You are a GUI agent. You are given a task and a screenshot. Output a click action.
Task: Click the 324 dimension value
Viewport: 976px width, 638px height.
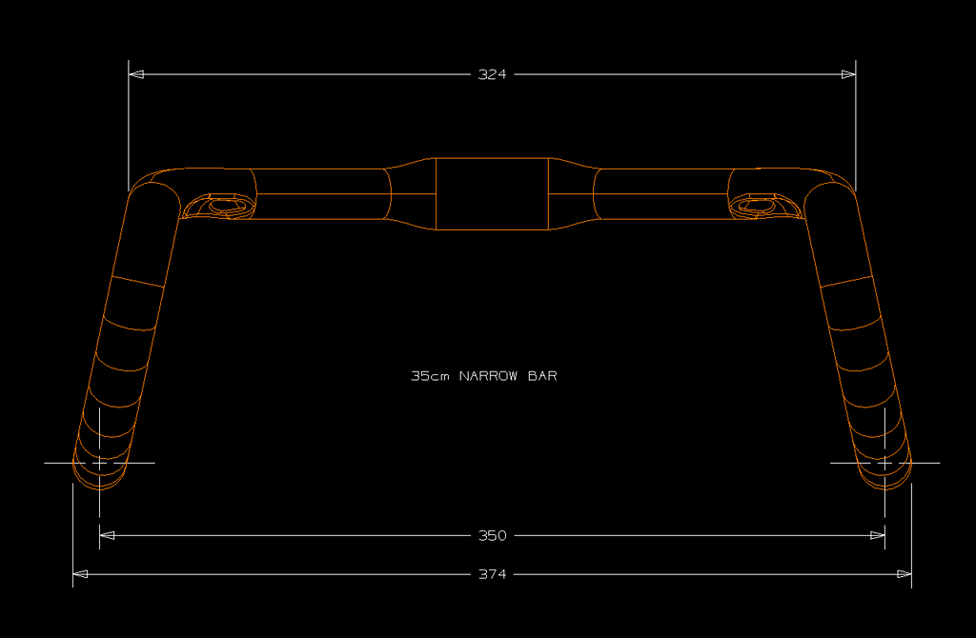pyautogui.click(x=492, y=74)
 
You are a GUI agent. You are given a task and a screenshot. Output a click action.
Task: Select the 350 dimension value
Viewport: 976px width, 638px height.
pyautogui.click(x=492, y=535)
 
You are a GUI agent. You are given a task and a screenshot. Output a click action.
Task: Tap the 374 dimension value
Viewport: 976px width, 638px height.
pyautogui.click(x=492, y=574)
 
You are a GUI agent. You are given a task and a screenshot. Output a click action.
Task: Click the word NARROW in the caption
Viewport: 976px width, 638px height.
pyautogui.click(x=488, y=376)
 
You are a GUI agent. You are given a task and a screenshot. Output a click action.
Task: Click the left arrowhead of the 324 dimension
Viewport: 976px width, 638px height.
pyautogui.click(x=136, y=74)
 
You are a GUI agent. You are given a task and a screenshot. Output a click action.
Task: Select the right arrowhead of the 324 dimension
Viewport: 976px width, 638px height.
pyautogui.click(x=848, y=74)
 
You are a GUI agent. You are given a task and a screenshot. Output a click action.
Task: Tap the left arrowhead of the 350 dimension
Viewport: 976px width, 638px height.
pyautogui.click(x=108, y=535)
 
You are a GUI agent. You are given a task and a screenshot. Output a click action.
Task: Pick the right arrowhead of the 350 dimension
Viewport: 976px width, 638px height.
pyautogui.click(x=878, y=535)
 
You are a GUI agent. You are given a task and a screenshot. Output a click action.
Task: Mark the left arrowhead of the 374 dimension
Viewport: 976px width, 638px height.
pyautogui.click(x=81, y=574)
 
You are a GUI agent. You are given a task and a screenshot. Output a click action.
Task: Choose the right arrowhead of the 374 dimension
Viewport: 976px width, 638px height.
pyautogui.click(x=905, y=574)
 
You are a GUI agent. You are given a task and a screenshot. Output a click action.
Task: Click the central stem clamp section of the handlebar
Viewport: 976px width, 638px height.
pyautogui.click(x=492, y=194)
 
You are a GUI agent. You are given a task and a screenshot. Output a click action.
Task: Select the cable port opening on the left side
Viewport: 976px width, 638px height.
pyautogui.click(x=225, y=205)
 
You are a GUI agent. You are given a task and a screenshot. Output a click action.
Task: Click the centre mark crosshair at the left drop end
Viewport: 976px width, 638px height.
pyautogui.click(x=100, y=463)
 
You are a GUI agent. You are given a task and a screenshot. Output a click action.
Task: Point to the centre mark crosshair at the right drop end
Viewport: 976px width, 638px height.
pyautogui.click(x=885, y=463)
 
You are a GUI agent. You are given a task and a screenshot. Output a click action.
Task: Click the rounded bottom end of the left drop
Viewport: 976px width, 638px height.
pyautogui.click(x=99, y=481)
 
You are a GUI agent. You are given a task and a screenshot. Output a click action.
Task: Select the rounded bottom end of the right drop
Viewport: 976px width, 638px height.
pyautogui.click(x=885, y=481)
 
